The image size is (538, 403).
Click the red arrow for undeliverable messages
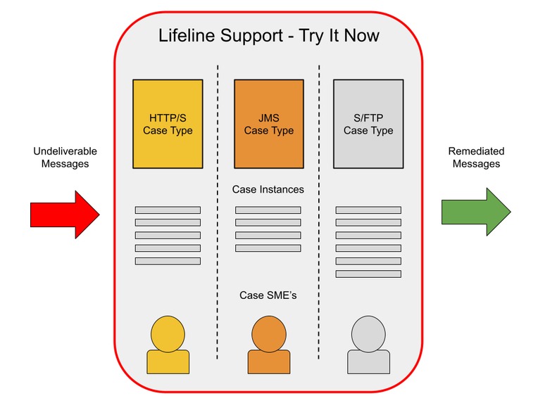(65, 213)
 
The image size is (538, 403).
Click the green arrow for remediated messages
(475, 213)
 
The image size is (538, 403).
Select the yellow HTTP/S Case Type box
(168, 124)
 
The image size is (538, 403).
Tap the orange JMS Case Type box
(268, 124)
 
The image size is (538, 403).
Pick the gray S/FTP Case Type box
(368, 124)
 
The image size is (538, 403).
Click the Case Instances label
(268, 189)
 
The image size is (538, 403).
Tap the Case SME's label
(268, 295)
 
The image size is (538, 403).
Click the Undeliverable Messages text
(65, 158)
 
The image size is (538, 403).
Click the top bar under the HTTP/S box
(168, 210)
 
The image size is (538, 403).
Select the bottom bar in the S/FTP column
(368, 274)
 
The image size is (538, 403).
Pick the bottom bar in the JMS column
(268, 248)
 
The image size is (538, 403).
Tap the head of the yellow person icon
(168, 332)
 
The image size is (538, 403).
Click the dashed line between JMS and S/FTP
(319, 211)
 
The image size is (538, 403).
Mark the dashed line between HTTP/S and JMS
(218, 211)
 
